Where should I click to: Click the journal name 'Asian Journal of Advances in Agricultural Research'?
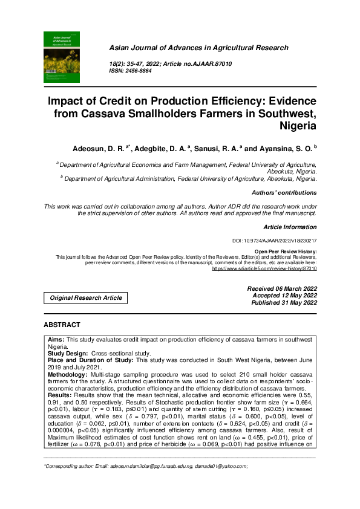tap(198, 48)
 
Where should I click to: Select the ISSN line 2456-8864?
tap(129, 71)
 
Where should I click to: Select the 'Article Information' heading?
tap(290, 227)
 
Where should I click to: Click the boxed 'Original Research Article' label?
tap(86, 297)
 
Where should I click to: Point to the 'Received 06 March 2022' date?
tap(282, 289)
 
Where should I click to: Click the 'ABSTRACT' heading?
tap(63, 325)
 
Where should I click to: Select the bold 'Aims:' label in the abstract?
tap(56, 340)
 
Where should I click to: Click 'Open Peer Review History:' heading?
tap(285, 251)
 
